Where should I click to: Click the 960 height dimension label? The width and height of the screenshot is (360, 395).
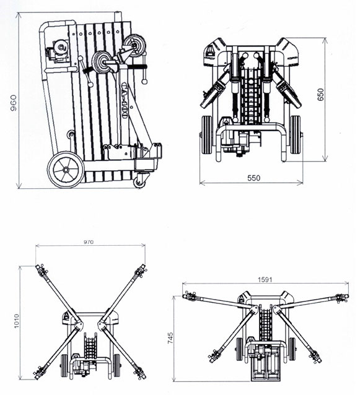(x=13, y=103)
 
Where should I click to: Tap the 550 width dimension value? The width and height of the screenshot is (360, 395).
(x=253, y=178)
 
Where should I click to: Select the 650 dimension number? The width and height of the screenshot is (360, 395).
(x=320, y=95)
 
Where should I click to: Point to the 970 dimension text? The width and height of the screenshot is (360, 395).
(x=89, y=242)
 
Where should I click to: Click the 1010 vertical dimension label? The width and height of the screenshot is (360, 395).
(x=17, y=321)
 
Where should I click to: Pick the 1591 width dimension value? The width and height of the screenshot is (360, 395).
(x=265, y=279)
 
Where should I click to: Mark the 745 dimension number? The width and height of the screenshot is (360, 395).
(x=170, y=338)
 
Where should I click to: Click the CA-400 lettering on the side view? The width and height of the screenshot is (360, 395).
(x=124, y=100)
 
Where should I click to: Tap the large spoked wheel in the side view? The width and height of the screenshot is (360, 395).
(x=66, y=170)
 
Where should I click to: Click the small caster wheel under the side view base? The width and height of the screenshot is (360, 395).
(x=139, y=182)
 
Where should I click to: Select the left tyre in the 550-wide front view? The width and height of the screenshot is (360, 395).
(x=208, y=134)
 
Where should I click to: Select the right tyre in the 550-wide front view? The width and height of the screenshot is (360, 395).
(x=295, y=134)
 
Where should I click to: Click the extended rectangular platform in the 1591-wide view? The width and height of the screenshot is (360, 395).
(x=266, y=362)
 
